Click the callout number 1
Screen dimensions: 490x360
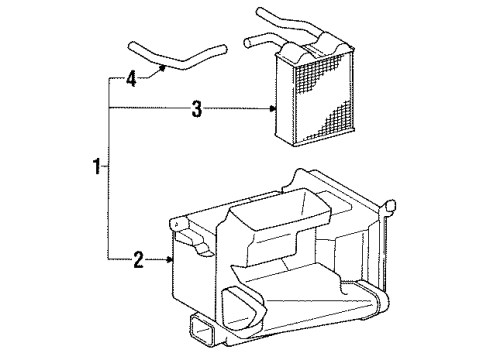98,168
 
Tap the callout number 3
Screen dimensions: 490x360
196,109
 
